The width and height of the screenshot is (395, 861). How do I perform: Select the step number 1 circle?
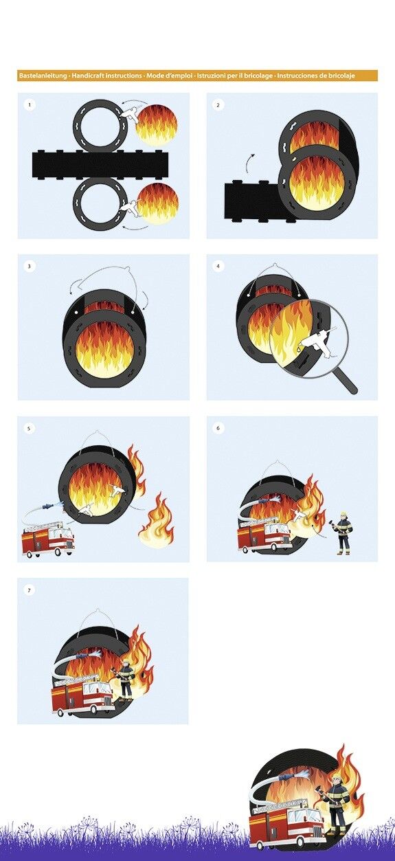(x=30, y=104)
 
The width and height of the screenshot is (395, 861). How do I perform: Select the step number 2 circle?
(x=218, y=104)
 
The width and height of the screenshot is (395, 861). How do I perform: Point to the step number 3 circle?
(x=30, y=266)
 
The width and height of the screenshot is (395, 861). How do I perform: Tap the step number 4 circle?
(x=218, y=266)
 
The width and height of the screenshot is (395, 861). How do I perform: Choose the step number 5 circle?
(x=30, y=427)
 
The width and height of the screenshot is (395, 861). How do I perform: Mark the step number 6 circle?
(x=218, y=427)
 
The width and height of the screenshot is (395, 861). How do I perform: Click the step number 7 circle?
(x=30, y=590)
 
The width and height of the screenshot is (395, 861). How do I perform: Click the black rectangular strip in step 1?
(x=100, y=164)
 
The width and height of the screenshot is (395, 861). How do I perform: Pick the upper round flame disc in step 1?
(x=157, y=124)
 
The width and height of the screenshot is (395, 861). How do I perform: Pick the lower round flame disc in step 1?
(x=158, y=203)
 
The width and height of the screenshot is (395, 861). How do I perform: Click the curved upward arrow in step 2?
(x=248, y=164)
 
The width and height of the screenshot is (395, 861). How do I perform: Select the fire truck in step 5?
(x=48, y=538)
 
